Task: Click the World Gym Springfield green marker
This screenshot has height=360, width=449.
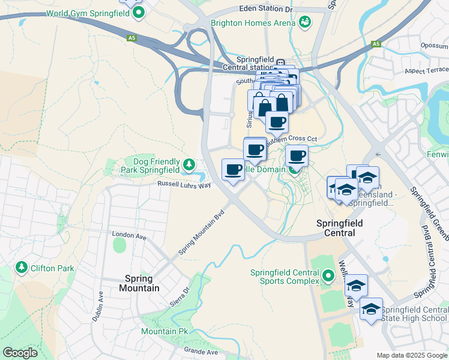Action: [x=139, y=11]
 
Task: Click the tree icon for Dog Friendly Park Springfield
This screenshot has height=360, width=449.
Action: [x=189, y=164]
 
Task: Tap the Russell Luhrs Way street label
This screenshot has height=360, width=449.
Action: [x=184, y=185]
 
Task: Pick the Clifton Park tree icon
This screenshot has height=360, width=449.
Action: [x=22, y=266]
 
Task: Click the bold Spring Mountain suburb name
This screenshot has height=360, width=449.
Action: [x=142, y=283]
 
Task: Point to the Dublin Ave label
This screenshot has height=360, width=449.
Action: [x=98, y=306]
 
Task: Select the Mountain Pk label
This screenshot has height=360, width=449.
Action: [x=159, y=331]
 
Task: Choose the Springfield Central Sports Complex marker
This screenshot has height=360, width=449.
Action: [x=328, y=277]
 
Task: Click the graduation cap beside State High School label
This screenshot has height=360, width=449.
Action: [x=371, y=309]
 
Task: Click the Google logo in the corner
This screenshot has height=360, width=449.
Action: [x=20, y=352]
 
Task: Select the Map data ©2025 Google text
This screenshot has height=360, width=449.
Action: [x=411, y=355]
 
